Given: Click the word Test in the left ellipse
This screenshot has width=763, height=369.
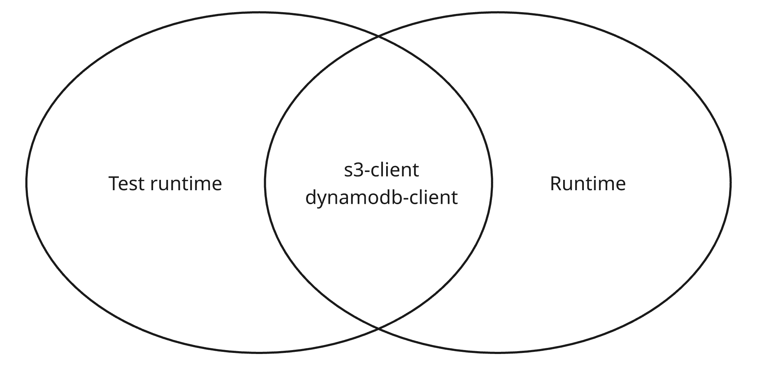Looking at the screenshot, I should [x=127, y=184].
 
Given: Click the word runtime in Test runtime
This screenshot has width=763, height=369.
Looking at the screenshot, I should [x=186, y=184].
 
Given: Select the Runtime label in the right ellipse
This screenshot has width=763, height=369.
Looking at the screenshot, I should [x=588, y=184].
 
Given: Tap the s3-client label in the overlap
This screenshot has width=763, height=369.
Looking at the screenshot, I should [x=381, y=170].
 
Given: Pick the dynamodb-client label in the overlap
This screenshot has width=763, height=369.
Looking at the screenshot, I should [x=381, y=197].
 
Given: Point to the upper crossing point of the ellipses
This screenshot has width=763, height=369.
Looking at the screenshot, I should [x=378, y=36].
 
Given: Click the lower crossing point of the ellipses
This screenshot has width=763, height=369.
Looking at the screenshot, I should [x=378, y=328].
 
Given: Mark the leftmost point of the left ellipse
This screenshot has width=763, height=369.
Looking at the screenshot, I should [x=26, y=182].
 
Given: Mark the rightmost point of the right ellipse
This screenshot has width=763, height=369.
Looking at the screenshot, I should [x=731, y=182].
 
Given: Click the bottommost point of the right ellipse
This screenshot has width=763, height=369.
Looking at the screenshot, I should [x=498, y=353].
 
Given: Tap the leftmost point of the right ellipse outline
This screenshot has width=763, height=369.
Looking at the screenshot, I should [x=265, y=182].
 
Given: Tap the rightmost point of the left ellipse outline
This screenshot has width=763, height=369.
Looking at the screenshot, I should [x=492, y=182].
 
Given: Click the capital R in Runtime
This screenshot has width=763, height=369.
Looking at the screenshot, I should [x=557, y=184].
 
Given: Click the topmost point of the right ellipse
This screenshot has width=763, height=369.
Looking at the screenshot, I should [x=498, y=13].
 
